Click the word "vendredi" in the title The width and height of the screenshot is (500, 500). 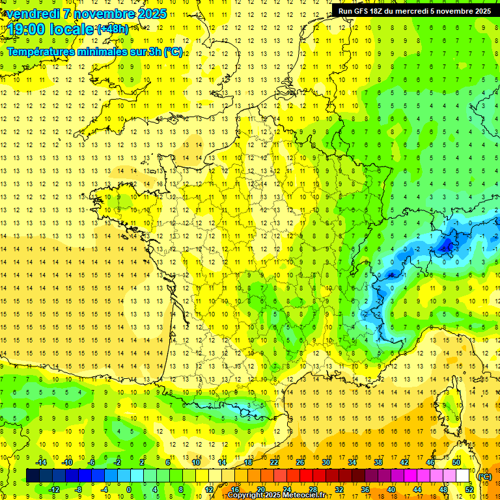click(x=33, y=14)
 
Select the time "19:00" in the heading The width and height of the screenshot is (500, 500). click(x=28, y=29)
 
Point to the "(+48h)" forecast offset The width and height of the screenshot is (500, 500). click(x=113, y=29)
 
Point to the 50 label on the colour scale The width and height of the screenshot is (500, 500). click(x=456, y=462)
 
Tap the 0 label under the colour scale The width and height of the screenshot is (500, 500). click(x=129, y=489)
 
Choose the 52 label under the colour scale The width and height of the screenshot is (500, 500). click(x=469, y=489)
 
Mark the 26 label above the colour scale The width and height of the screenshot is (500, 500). click(x=300, y=462)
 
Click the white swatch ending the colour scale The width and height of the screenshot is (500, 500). click(x=463, y=476)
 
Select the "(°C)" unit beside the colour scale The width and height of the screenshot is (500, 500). click(x=484, y=476)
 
